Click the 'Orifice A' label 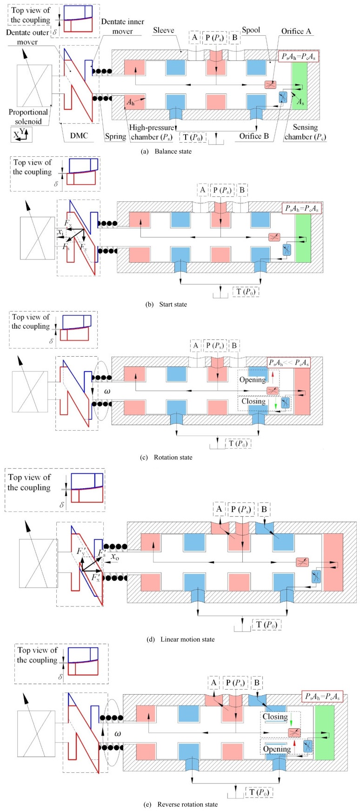click(x=296, y=31)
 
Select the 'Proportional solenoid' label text click(x=28, y=117)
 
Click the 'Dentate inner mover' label click(x=123, y=27)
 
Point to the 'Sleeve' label click(x=164, y=30)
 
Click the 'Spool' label click(x=251, y=30)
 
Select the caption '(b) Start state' click(x=166, y=305)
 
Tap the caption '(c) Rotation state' click(x=166, y=457)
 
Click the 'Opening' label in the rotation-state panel click(x=253, y=380)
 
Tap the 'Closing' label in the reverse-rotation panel click(x=275, y=717)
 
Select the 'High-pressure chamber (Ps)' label click(x=152, y=132)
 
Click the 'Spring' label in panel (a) click(x=115, y=136)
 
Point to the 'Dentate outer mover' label click(x=27, y=37)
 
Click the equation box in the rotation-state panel click(x=289, y=362)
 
